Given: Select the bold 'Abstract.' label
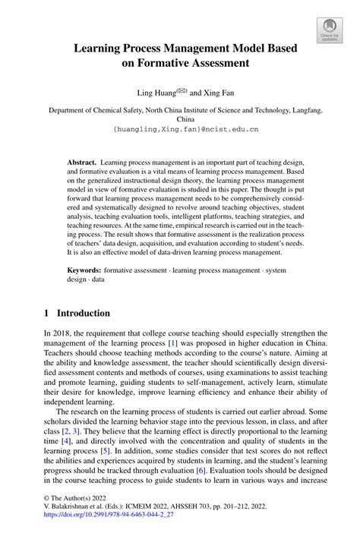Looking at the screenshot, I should pos(81,163).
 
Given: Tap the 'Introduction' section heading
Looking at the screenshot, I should pos(84,313).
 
